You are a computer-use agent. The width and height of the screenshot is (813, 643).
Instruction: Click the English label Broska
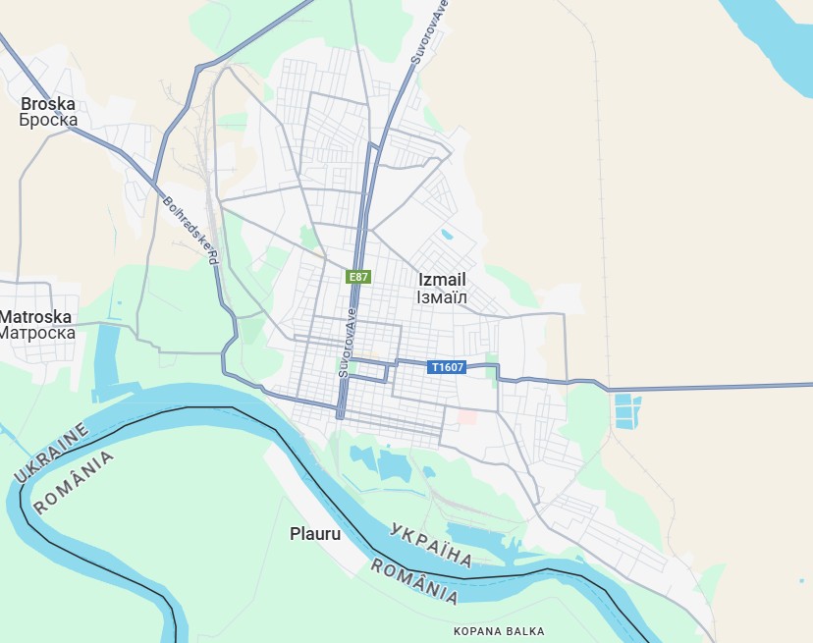tap(48, 103)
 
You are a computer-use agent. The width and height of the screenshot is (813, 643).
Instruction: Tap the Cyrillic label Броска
tap(48, 121)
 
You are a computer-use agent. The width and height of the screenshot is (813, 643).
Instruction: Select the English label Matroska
tap(36, 317)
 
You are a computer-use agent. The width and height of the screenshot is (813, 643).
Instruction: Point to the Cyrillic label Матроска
tap(36, 334)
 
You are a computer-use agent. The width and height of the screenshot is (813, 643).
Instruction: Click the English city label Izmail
tap(442, 280)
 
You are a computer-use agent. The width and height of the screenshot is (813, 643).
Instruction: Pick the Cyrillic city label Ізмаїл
tap(442, 296)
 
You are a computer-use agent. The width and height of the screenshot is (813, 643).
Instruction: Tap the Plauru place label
tap(315, 534)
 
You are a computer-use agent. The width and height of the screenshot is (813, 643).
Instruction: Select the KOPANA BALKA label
tap(499, 631)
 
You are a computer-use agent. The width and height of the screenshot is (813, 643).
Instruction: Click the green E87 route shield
tap(358, 277)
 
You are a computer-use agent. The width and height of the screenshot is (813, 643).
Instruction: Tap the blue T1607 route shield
tap(447, 367)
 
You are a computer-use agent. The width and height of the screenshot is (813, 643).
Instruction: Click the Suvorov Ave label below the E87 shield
tap(345, 345)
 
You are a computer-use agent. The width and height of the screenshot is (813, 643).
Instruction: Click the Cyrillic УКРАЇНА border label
tap(431, 545)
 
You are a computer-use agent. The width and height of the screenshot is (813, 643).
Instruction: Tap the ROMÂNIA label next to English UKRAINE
tap(73, 482)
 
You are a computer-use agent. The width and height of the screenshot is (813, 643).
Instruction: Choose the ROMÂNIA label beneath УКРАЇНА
tap(414, 581)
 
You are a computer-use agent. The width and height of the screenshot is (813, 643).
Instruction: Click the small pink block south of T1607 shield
tap(467, 417)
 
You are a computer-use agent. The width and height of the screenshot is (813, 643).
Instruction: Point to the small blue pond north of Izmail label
tap(448, 235)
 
